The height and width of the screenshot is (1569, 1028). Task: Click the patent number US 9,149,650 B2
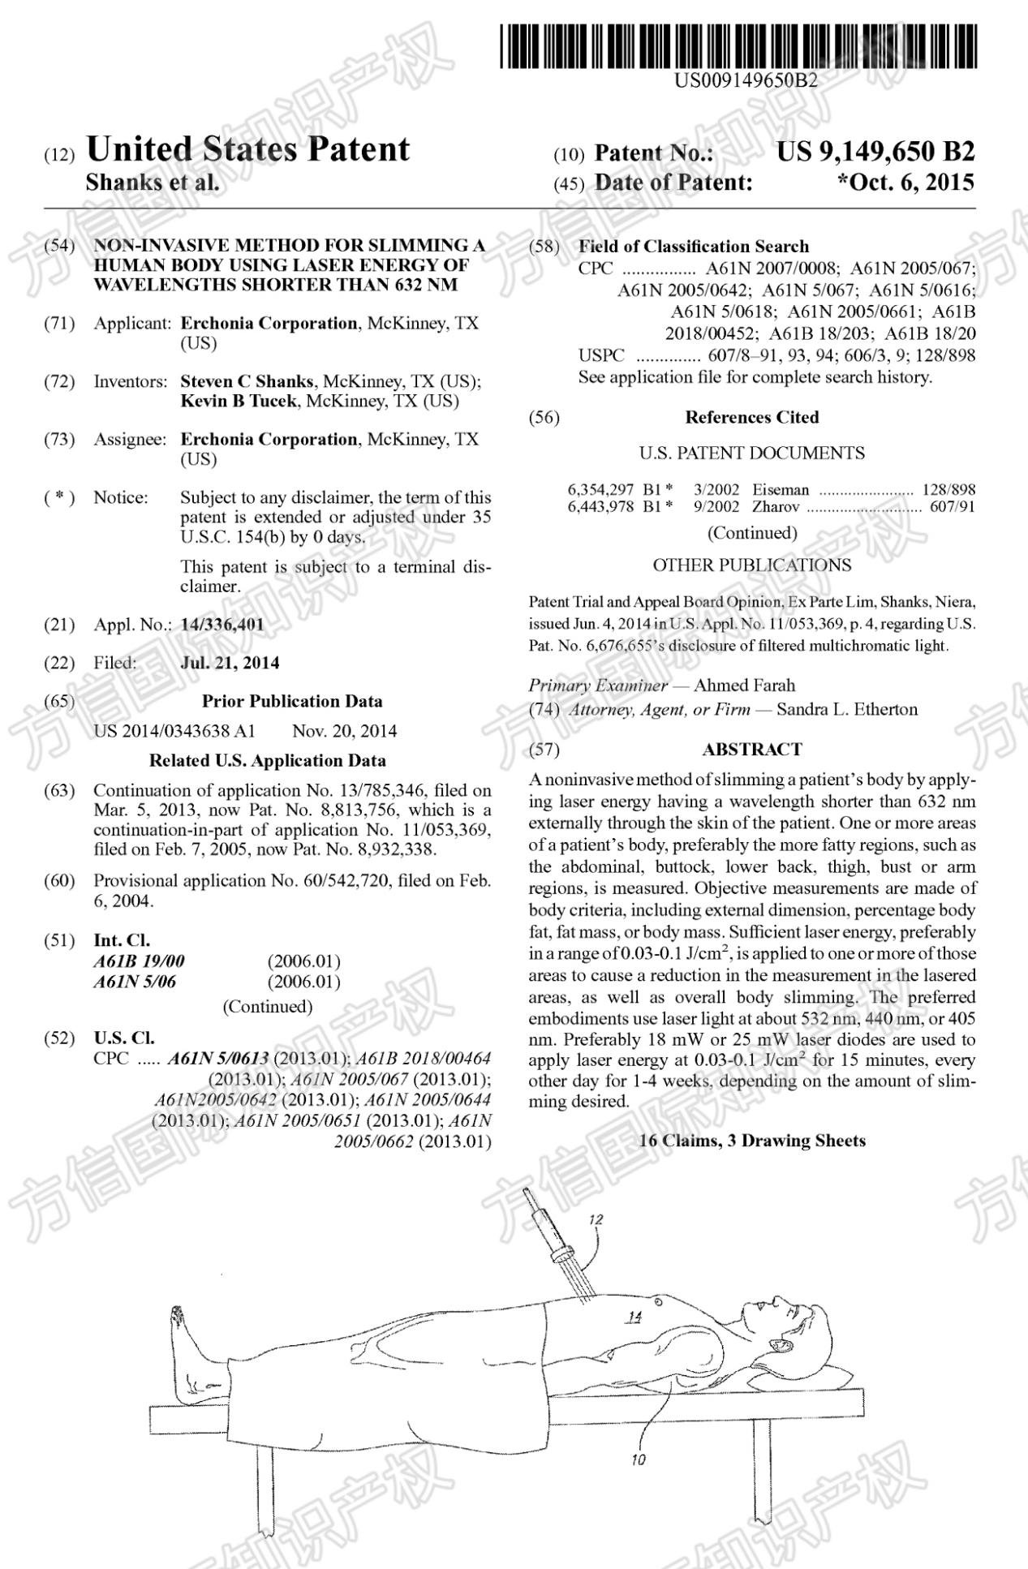coord(875,152)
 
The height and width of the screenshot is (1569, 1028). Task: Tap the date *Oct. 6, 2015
coord(905,183)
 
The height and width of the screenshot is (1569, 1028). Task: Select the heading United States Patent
coord(247,149)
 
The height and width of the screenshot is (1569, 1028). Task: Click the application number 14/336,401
coord(222,624)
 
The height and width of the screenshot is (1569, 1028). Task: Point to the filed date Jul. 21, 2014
coord(230,663)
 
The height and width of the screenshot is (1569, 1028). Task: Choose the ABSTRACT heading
coord(751,749)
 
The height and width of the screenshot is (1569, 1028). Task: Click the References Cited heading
coord(751,417)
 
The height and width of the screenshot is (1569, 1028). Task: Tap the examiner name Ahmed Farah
coord(744,685)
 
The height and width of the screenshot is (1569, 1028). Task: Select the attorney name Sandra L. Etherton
coord(847,709)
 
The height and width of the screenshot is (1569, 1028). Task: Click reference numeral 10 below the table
coord(639,1459)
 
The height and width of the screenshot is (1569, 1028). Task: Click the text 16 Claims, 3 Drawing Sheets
coord(751,1141)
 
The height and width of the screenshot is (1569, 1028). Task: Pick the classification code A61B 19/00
coord(139,961)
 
